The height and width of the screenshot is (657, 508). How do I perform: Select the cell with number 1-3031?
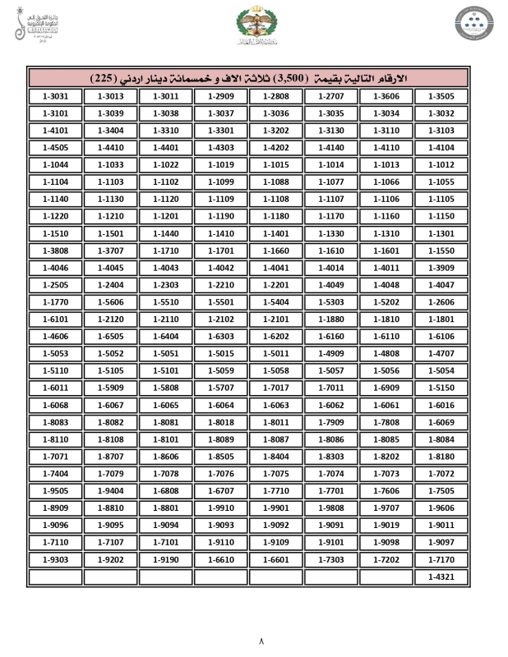click(54, 97)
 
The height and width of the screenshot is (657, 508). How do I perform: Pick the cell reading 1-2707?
click(330, 97)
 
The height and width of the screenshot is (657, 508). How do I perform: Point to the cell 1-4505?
click(54, 148)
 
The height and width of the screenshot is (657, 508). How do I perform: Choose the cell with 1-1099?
click(221, 182)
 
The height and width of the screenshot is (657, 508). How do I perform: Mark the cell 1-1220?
click(54, 217)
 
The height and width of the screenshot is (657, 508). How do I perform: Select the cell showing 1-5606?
click(110, 302)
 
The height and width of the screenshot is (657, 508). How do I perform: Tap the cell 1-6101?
click(54, 319)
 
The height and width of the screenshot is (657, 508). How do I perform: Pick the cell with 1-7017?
click(276, 388)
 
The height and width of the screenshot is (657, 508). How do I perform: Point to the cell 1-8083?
click(54, 422)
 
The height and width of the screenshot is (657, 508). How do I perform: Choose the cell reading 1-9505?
click(54, 491)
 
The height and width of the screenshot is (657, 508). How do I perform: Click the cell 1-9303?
click(54, 560)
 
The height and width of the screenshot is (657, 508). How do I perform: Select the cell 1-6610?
click(221, 560)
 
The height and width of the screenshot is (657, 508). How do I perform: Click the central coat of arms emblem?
click(253, 27)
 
